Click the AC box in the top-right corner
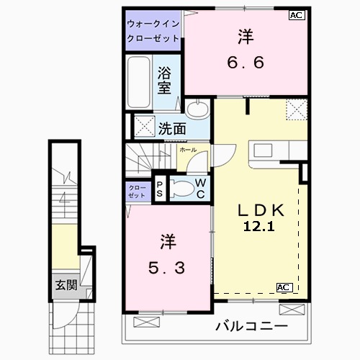coord(295,14)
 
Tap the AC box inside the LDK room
coord(283,287)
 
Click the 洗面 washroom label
coord(172,129)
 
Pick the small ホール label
coord(188,150)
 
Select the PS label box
coord(160,189)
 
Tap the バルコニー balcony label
coord(251,327)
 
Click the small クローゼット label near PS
coord(136,191)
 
